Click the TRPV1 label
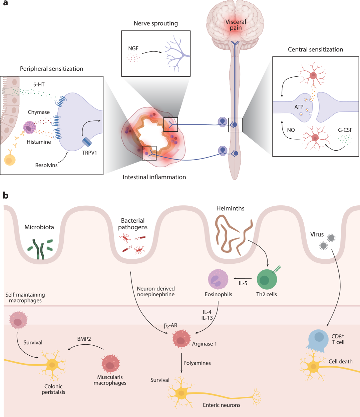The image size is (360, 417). click(x=90, y=153)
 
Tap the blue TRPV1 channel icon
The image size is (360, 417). click(x=87, y=142)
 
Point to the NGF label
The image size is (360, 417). click(x=133, y=48)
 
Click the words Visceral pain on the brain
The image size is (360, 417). click(x=236, y=25)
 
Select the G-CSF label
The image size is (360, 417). click(x=345, y=130)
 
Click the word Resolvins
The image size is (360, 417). click(x=46, y=165)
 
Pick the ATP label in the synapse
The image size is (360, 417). click(x=299, y=107)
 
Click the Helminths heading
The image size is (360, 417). click(x=230, y=208)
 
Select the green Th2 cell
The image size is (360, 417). click(x=267, y=279)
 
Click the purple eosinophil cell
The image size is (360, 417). click(x=218, y=279)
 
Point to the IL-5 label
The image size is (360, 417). click(x=243, y=283)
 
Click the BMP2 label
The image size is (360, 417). click(x=84, y=339)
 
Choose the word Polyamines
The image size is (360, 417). click(x=197, y=363)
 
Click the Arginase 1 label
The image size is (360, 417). click(x=204, y=344)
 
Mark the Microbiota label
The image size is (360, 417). click(x=39, y=227)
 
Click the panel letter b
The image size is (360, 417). click(x=5, y=195)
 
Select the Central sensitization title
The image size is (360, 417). click(x=315, y=49)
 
